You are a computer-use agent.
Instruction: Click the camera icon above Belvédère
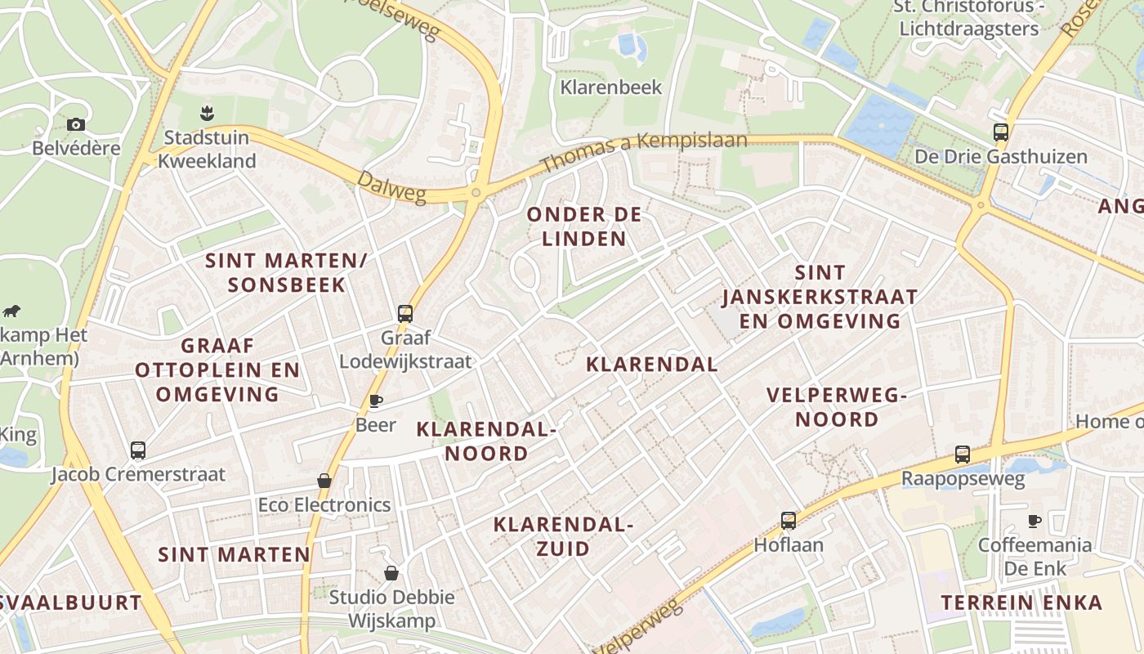click(x=76, y=124)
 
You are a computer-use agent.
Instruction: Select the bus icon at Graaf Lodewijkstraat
click(x=405, y=313)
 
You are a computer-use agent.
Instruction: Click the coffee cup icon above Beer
click(x=376, y=401)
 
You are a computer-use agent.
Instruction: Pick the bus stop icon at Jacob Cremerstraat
click(x=138, y=450)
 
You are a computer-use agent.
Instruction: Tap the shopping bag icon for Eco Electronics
click(x=324, y=481)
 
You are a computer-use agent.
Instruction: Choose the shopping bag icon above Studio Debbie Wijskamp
click(x=391, y=573)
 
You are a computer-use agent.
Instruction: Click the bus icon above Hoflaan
click(x=789, y=520)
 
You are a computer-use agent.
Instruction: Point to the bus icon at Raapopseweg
click(x=963, y=455)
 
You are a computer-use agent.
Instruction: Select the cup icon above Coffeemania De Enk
click(x=1035, y=521)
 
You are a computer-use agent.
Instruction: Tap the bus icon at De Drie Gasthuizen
click(x=1001, y=132)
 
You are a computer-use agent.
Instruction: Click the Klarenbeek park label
click(x=610, y=87)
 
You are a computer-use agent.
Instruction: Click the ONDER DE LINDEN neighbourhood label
click(x=584, y=226)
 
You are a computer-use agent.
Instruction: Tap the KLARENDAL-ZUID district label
click(x=563, y=535)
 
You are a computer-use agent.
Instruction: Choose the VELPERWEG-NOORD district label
click(x=837, y=407)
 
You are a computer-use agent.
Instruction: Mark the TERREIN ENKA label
click(x=1021, y=602)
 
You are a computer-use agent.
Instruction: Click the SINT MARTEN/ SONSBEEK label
click(x=286, y=272)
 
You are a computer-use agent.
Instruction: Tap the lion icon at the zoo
click(x=11, y=311)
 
